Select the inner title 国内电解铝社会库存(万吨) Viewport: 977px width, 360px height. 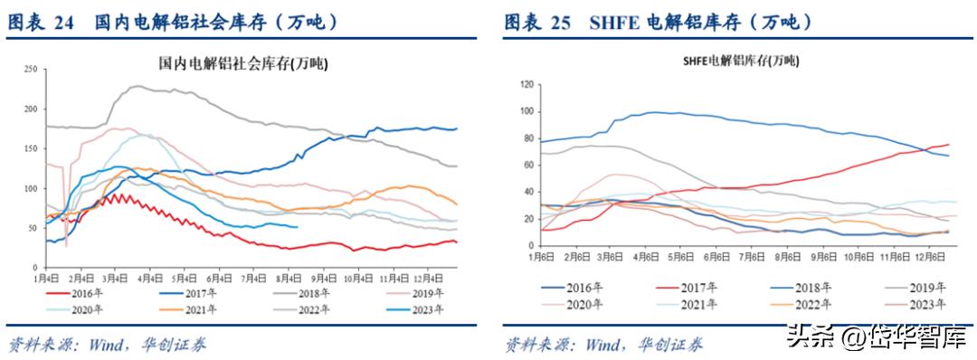[x=243, y=64]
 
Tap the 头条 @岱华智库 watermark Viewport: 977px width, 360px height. [x=874, y=337]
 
